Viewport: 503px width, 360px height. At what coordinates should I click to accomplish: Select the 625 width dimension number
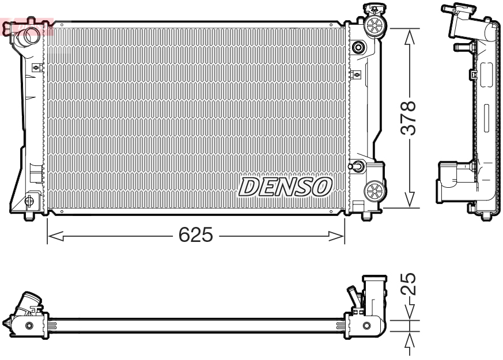tap(195, 235)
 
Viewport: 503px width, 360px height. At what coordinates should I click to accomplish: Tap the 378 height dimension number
tap(408, 119)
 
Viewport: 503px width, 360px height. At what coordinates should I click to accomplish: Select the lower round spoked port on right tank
tap(375, 190)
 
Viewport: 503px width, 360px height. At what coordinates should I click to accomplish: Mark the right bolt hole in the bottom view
tap(367, 327)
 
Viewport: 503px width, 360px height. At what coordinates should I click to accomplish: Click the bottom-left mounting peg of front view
tap(29, 217)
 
